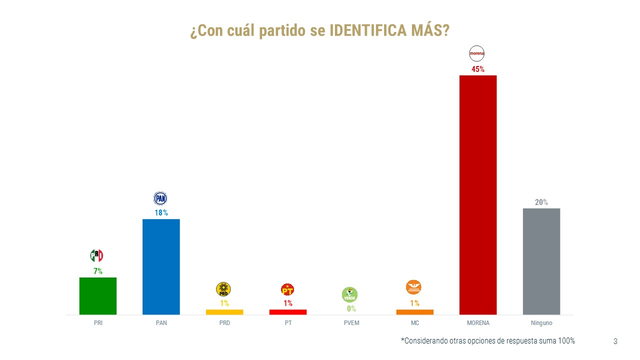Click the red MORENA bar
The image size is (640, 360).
click(477, 194)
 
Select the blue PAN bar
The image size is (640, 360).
click(161, 266)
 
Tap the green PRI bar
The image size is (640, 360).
click(98, 295)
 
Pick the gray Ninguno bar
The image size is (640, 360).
click(541, 261)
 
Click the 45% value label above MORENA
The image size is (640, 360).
click(477, 69)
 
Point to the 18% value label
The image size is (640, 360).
click(161, 213)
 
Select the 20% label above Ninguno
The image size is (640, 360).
click(541, 202)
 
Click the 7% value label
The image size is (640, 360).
click(98, 271)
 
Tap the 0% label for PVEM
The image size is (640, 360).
click(351, 308)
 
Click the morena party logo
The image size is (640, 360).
click(477, 53)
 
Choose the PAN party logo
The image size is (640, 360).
click(160, 198)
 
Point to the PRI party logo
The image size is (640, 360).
click(96, 256)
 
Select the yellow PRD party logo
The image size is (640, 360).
click(223, 289)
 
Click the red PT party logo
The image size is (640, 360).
click(287, 289)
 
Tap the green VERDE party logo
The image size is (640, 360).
click(349, 294)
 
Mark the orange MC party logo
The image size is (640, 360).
click(413, 287)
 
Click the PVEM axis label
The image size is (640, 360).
click(351, 323)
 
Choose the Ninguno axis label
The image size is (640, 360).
click(541, 323)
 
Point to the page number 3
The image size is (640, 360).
click(615, 341)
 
